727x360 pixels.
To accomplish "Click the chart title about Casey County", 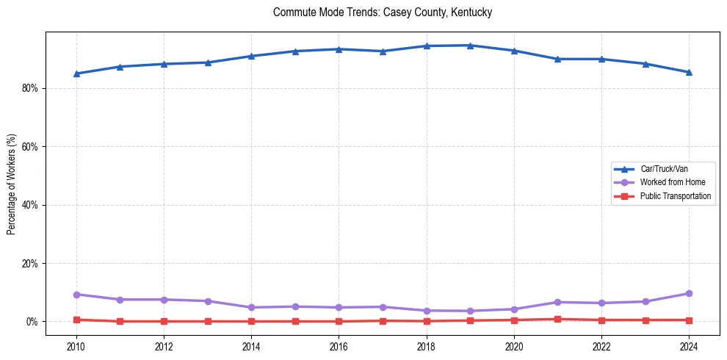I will click(382, 12).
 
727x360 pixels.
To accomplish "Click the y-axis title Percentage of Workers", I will click(11, 184).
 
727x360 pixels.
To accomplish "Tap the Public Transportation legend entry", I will click(675, 196).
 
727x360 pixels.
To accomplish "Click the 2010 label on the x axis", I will click(76, 346).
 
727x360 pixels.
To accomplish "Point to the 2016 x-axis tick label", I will click(339, 346).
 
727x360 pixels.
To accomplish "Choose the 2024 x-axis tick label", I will click(689, 346).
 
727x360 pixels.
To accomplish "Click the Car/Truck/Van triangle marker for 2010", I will click(76, 73).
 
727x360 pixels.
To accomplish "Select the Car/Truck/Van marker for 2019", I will click(470, 46).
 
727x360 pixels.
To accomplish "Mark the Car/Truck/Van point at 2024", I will click(689, 72).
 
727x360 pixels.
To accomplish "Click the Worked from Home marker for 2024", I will click(689, 294).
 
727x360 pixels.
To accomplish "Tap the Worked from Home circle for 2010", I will click(76, 295).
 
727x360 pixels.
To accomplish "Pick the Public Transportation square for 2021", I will click(557, 319).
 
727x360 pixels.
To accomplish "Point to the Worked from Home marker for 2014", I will click(251, 307).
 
